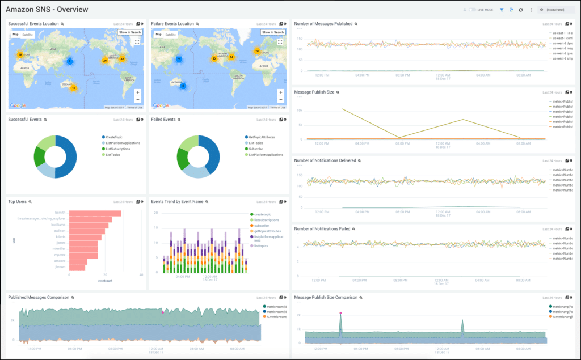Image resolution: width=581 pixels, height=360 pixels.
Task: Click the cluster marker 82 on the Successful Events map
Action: pyautogui.click(x=122, y=58)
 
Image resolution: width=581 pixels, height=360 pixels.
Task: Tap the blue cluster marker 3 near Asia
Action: pyautogui.click(x=70, y=61)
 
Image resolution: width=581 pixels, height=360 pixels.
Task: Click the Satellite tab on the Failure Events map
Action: pyautogui.click(x=170, y=35)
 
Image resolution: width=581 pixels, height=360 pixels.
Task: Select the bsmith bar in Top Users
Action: pyautogui.click(x=94, y=213)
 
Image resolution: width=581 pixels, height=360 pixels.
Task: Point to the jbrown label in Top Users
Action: pyautogui.click(x=59, y=267)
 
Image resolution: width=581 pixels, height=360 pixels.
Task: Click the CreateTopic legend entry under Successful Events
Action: pyautogui.click(x=114, y=137)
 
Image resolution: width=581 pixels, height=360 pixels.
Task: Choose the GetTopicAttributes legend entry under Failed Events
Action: pyautogui.click(x=260, y=137)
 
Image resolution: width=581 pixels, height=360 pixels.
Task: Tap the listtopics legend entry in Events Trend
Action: pyautogui.click(x=261, y=245)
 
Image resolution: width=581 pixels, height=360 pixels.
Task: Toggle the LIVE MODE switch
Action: pyautogui.click(x=472, y=10)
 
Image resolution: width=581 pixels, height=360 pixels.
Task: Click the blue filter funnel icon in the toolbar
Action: pyautogui.click(x=502, y=10)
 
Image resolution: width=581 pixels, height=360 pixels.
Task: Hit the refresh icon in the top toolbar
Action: pyautogui.click(x=521, y=10)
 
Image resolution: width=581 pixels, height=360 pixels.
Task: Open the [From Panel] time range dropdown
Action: pyautogui.click(x=556, y=10)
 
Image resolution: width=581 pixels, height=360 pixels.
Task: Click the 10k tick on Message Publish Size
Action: pyautogui.click(x=300, y=110)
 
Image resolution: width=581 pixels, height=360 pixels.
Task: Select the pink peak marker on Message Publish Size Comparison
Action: pyautogui.click(x=340, y=313)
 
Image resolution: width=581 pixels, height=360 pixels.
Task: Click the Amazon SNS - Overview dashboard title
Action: pyautogui.click(x=47, y=10)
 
